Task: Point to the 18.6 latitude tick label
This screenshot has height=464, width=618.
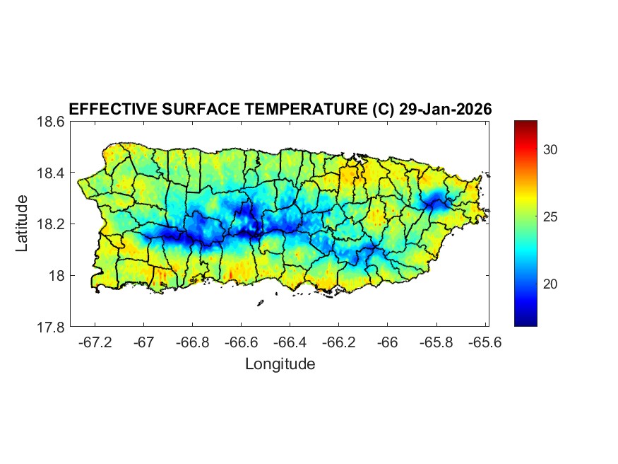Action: (x=51, y=122)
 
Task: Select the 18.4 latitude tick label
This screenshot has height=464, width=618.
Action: (x=51, y=173)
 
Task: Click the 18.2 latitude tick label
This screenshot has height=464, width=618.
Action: (x=51, y=224)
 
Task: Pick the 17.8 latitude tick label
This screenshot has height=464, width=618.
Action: (x=51, y=327)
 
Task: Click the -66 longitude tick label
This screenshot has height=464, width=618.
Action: (x=387, y=342)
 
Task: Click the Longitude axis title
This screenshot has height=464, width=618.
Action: (x=280, y=364)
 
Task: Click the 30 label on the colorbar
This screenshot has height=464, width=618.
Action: (x=551, y=149)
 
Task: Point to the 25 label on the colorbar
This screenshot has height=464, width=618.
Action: (x=551, y=216)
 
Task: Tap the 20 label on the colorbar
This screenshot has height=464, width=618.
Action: (x=551, y=284)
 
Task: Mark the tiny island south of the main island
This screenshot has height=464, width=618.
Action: (x=260, y=303)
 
